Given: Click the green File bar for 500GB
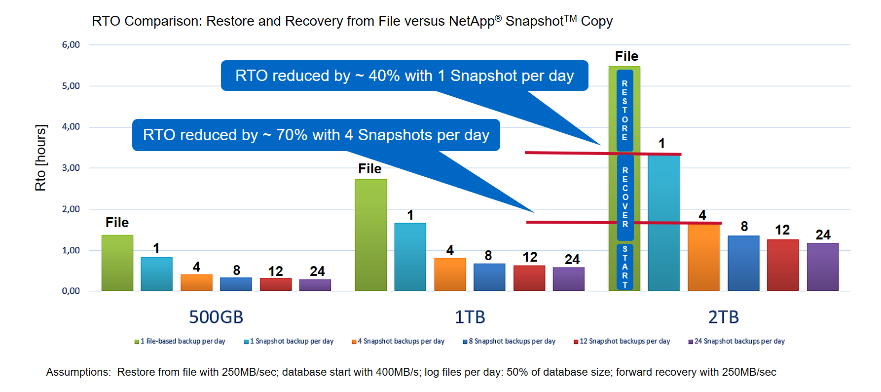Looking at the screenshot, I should pyautogui.click(x=117, y=263).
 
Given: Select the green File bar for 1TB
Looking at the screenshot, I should pyautogui.click(x=370, y=235).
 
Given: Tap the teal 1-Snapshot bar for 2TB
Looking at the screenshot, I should pyautogui.click(x=663, y=223).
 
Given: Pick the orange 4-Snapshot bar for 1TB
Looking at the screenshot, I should pyautogui.click(x=450, y=274).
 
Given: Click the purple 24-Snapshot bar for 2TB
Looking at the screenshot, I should pyautogui.click(x=823, y=267).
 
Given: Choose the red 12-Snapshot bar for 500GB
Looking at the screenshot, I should pyautogui.click(x=276, y=284).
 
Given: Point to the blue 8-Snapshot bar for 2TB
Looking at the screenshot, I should pyautogui.click(x=743, y=263).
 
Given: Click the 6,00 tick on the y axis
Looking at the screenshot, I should pyautogui.click(x=71, y=45).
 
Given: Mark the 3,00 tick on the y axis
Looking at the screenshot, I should pyautogui.click(x=71, y=168).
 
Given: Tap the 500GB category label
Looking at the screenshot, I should pyautogui.click(x=216, y=317).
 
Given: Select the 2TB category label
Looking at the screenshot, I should pyautogui.click(x=723, y=317).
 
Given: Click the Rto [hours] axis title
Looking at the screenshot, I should pyautogui.click(x=40, y=157).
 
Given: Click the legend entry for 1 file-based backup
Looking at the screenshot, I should pyautogui.click(x=180, y=341).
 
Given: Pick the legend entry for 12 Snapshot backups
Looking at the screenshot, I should pyautogui.click(x=622, y=341).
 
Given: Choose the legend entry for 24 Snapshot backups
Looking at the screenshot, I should pyautogui.click(x=736, y=341).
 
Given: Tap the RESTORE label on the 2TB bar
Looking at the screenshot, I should pyautogui.click(x=624, y=111).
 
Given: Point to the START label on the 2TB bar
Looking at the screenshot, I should pyautogui.click(x=625, y=267).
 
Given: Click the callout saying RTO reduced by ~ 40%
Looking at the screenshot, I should pyautogui.click(x=404, y=76).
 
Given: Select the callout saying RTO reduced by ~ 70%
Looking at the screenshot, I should pyautogui.click(x=316, y=135).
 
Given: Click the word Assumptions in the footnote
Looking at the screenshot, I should pyautogui.click(x=78, y=372).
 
